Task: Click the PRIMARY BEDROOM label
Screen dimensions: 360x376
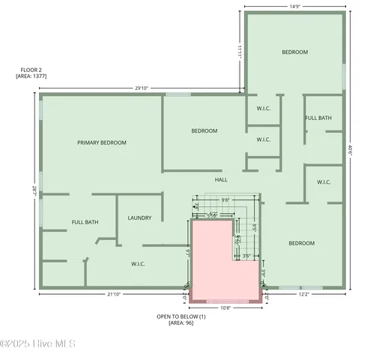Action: [102, 142]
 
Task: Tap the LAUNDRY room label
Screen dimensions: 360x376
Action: [139, 218]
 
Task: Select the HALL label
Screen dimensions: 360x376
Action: [221, 180]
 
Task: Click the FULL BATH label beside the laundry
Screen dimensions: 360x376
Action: [85, 222]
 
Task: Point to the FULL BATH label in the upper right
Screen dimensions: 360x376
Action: [318, 118]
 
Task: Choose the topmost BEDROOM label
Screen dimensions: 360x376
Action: [294, 52]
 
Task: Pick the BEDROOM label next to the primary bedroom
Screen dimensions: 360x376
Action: [204, 130]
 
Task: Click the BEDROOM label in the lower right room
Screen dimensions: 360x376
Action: [302, 243]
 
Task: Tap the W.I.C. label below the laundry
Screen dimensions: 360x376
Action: [138, 263]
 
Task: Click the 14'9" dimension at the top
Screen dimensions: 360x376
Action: [295, 7]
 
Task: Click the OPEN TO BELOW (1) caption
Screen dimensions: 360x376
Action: [181, 316]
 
